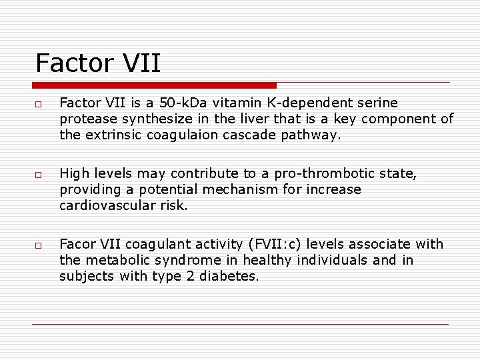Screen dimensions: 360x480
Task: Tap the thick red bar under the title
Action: [154, 85]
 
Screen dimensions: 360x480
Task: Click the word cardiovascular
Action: [106, 205]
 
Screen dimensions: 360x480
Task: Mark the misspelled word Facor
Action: [76, 244]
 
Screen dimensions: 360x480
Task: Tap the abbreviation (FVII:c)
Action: [277, 245]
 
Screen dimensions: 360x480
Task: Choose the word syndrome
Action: [205, 260]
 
